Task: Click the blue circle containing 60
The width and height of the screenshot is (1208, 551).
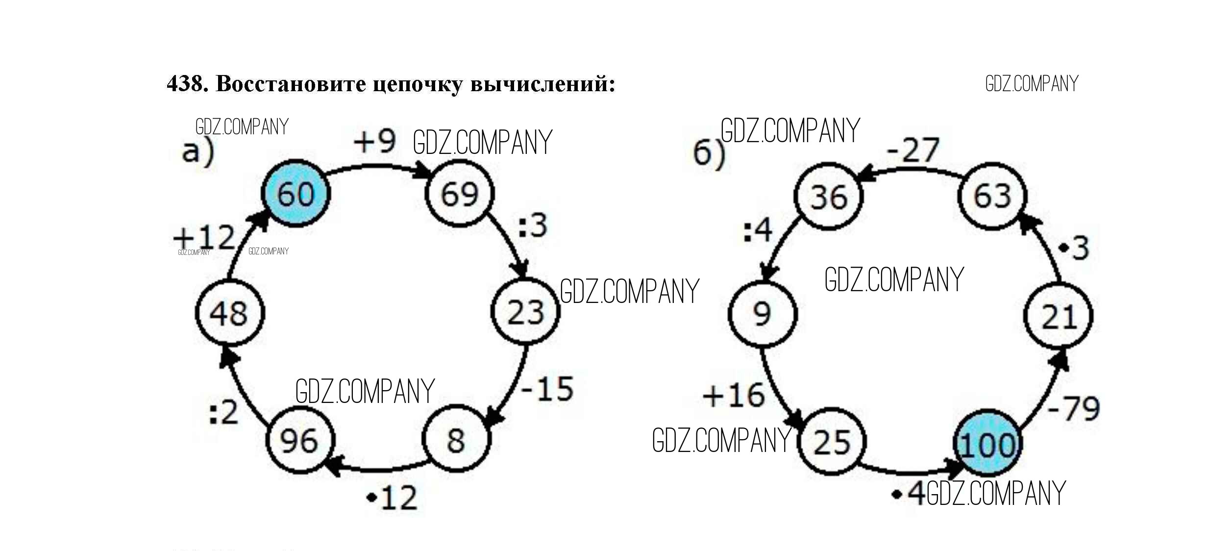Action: [296, 193]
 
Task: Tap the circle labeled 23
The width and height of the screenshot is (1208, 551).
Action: [525, 312]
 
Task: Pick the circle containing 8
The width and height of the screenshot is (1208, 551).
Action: [456, 439]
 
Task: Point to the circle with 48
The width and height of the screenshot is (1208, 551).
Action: [229, 313]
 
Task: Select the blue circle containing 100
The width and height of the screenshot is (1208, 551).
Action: [987, 444]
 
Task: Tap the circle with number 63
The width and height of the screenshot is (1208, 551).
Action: [992, 196]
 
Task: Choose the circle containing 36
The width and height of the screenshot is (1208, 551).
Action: [828, 196]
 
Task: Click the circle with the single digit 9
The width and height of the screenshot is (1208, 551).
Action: [762, 313]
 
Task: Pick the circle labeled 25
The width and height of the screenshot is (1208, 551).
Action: [832, 441]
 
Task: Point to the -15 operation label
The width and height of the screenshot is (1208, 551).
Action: [547, 389]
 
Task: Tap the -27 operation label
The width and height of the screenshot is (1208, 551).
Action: [913, 150]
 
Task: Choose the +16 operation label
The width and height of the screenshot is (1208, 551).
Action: [734, 395]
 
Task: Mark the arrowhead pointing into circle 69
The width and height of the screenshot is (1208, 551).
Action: [422, 173]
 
